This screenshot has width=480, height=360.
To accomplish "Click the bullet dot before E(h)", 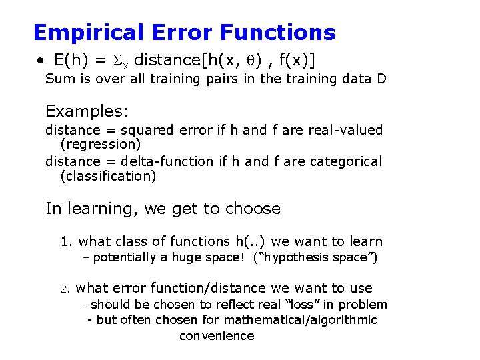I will click(41, 61).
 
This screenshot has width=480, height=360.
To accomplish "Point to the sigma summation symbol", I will click(121, 61).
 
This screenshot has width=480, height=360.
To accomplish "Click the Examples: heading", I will click(87, 111).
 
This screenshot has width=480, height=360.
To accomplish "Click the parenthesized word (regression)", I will click(100, 144).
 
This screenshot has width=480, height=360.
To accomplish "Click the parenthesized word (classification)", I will click(108, 176).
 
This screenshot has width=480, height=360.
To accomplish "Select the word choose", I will click(253, 209).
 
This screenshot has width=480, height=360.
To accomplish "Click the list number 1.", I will click(65, 242).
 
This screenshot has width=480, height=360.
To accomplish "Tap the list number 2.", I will click(65, 289).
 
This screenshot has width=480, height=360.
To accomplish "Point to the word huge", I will click(190, 257).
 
